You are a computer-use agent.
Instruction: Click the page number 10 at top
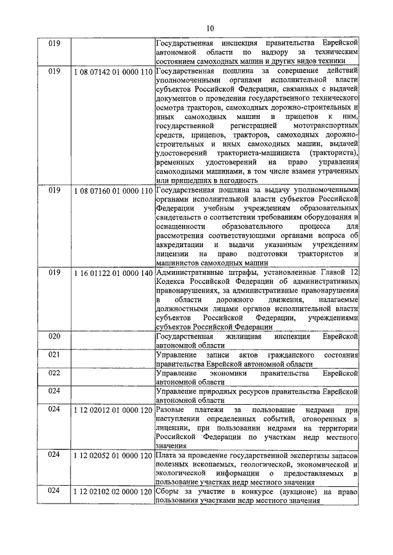(x=210, y=28)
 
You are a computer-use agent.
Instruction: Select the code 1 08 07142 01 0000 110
(x=112, y=72)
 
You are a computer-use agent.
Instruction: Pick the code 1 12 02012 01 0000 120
(x=112, y=409)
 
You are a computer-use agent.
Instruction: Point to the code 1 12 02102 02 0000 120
(x=112, y=492)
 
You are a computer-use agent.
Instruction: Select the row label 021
(x=54, y=355)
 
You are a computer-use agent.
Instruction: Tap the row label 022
(x=54, y=373)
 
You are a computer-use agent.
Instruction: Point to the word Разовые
(x=171, y=409)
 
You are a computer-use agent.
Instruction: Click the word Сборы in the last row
(x=170, y=492)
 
